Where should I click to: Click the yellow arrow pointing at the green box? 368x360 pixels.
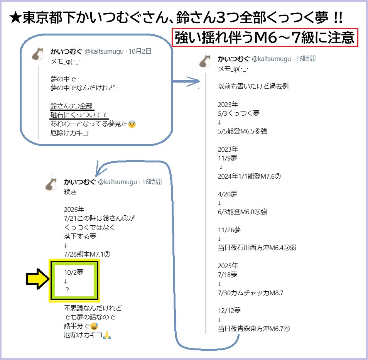click(x=37, y=279)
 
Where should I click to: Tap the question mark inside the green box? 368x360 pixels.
click(x=67, y=290)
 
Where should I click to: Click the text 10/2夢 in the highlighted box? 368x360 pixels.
click(x=74, y=272)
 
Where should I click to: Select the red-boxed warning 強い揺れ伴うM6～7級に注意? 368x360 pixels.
click(x=265, y=37)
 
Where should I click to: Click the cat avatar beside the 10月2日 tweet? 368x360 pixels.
click(x=38, y=54)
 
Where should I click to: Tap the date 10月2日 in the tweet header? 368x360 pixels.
click(x=140, y=51)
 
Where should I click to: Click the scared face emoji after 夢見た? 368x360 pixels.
click(x=132, y=124)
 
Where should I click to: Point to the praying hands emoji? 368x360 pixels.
click(x=107, y=335)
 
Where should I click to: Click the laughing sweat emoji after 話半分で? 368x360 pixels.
click(x=94, y=326)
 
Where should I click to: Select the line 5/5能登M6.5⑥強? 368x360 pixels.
click(x=242, y=131)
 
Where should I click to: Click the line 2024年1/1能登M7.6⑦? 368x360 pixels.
click(x=249, y=176)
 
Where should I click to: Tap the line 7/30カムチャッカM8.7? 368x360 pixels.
click(x=251, y=293)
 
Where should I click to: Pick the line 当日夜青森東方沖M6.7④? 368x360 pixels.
click(x=254, y=328)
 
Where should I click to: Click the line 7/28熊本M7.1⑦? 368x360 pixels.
click(x=87, y=254)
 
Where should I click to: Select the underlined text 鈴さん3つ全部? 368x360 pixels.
click(x=72, y=106)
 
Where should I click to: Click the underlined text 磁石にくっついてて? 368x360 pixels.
click(x=79, y=115)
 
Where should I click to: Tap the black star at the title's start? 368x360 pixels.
click(x=15, y=18)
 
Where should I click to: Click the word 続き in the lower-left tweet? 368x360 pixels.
click(x=71, y=192)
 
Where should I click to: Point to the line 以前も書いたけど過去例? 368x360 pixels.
click(x=253, y=86)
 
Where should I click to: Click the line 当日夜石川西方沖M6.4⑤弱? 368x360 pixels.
click(x=257, y=247)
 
